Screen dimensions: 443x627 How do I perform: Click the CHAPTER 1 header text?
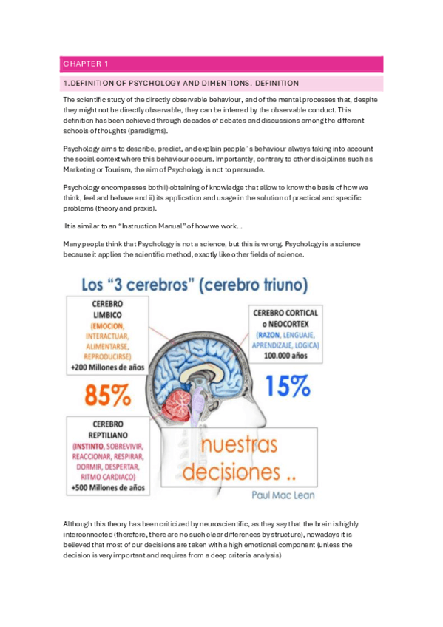(87, 64)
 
